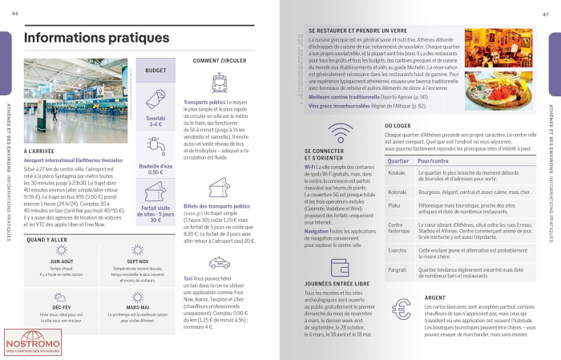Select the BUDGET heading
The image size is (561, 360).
tap(155, 71)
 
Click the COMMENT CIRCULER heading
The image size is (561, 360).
tap(220, 60)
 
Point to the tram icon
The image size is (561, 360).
tap(220, 84)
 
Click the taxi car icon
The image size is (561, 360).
tap(220, 263)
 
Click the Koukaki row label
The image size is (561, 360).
tap(396, 173)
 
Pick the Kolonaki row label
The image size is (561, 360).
tap(398, 192)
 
